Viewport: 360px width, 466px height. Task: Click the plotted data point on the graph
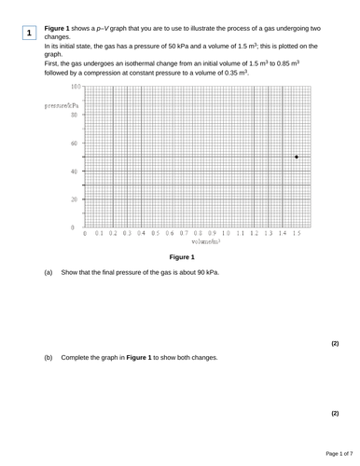[x=297, y=158]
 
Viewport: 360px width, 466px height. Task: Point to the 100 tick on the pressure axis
[x=75, y=86]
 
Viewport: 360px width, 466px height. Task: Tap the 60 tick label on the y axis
[x=76, y=144]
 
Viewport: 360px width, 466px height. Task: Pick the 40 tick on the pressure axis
[x=76, y=171]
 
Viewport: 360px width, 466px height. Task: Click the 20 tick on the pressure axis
[x=76, y=199]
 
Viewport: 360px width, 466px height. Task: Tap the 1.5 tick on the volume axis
[x=296, y=233]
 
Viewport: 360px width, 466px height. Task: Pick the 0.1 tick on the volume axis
[x=99, y=233]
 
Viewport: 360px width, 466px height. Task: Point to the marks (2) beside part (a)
[x=335, y=343]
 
